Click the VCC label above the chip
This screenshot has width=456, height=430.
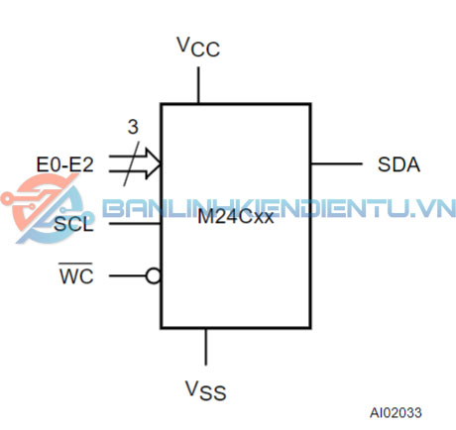coord(198,47)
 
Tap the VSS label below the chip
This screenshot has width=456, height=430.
coord(205,390)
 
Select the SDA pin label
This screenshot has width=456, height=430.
coord(399,164)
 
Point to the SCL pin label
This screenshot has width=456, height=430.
coord(73,224)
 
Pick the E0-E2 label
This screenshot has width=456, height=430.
coord(64,164)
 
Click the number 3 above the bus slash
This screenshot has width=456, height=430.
coord(133,127)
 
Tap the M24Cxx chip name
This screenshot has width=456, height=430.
coord(236,217)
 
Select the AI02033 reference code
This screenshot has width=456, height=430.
coord(396,413)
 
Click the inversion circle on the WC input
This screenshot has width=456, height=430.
coord(154,275)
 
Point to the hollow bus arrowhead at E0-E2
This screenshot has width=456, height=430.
coord(153,163)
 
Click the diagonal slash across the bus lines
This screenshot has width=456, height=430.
coord(131,163)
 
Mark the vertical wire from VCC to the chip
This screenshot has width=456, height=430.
coord(198,85)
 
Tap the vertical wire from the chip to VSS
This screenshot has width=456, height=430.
coord(206,347)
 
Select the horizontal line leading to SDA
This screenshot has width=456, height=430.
coord(337,163)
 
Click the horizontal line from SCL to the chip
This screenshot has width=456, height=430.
coord(135,224)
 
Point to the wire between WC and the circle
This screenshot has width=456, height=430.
coord(128,275)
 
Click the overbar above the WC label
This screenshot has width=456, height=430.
coord(75,264)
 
